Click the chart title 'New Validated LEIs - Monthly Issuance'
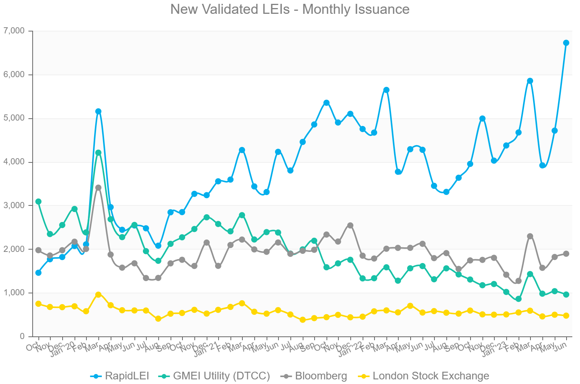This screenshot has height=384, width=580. tap(290, 9)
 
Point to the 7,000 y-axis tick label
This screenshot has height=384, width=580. tap(13, 31)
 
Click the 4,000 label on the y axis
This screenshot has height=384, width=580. tap(13, 162)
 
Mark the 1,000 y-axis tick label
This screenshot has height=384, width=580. tap(13, 293)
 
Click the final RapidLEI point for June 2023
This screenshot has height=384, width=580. tap(566, 43)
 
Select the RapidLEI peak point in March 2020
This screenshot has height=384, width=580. tap(98, 111)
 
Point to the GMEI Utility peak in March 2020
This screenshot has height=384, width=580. tap(98, 152)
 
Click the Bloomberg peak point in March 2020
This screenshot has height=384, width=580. tap(98, 187)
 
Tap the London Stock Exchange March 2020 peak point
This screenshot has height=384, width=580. tap(98, 295)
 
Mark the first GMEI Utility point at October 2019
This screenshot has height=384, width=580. tap(38, 202)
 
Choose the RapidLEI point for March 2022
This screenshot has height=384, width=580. tap(386, 90)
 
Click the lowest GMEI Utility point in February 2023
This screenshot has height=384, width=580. tap(518, 299)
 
